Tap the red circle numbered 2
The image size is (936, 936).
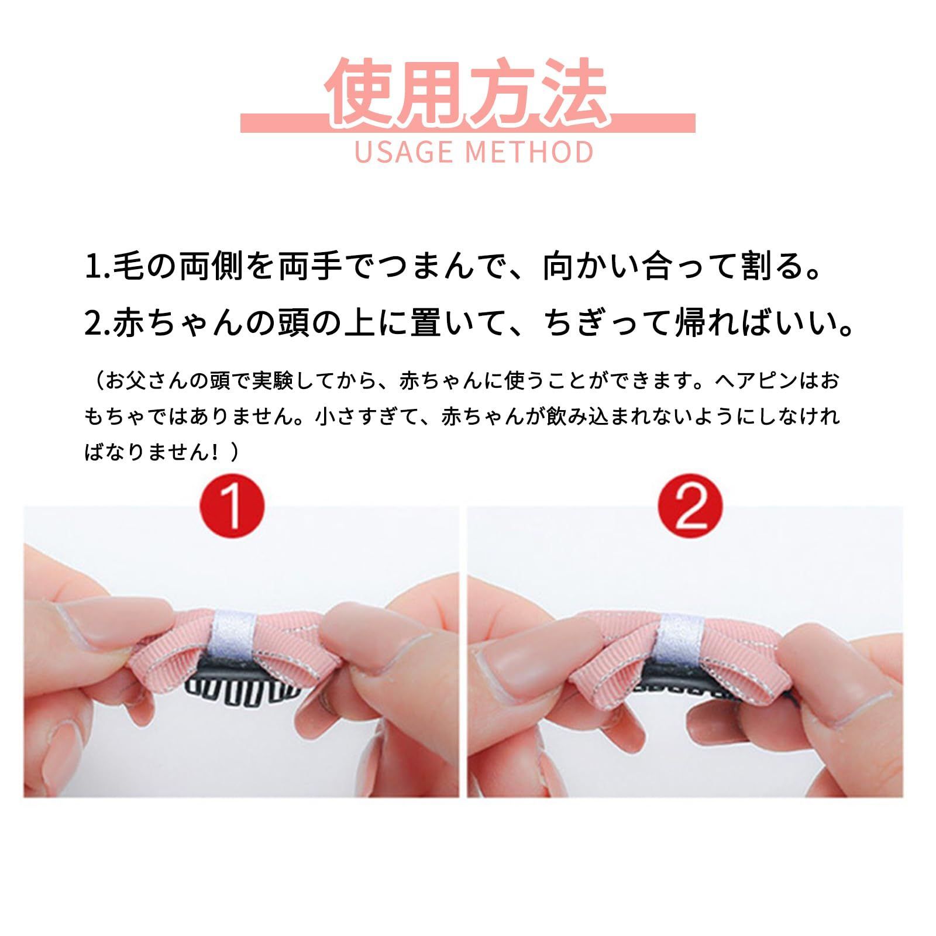coord(690,504)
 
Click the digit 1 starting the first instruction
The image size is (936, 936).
coord(94,266)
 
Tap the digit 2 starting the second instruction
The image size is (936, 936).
coord(94,324)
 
